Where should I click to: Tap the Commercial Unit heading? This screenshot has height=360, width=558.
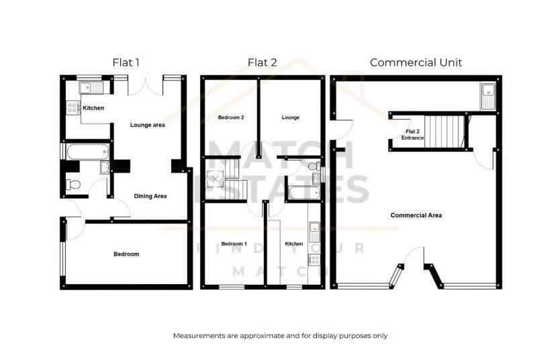pyautogui.click(x=416, y=62)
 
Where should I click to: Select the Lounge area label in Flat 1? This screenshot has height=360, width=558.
pyautogui.click(x=148, y=125)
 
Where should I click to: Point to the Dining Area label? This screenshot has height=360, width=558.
pyautogui.click(x=150, y=196)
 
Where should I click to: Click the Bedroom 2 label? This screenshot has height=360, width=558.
pyautogui.click(x=230, y=118)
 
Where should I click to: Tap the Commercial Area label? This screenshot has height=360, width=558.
pyautogui.click(x=416, y=216)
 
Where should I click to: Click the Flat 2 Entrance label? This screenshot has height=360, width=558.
pyautogui.click(x=412, y=134)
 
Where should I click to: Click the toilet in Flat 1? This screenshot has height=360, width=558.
pyautogui.click(x=73, y=185)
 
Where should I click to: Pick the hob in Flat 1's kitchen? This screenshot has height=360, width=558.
pyautogui.click(x=73, y=108)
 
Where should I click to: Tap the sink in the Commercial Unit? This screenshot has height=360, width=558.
pyautogui.click(x=488, y=95)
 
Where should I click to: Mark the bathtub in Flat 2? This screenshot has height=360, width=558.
pyautogui.click(x=301, y=194)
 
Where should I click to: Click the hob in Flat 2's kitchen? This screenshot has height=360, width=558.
pyautogui.click(x=315, y=257)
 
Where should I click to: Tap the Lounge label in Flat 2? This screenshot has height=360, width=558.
pyautogui.click(x=290, y=118)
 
